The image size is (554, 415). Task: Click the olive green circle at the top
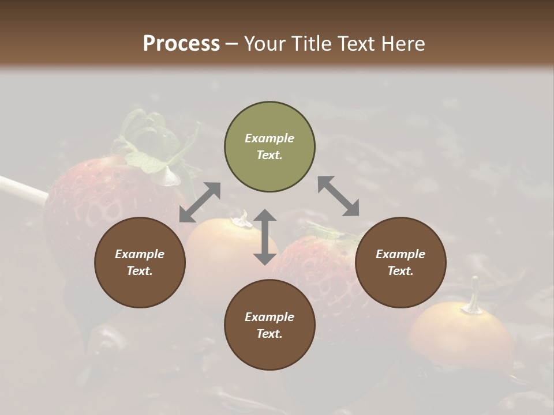(269, 147)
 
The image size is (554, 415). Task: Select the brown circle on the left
(140, 262)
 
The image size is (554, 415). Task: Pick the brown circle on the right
(400, 262)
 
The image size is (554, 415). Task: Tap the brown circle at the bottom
(269, 325)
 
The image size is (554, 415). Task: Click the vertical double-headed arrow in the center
(265, 237)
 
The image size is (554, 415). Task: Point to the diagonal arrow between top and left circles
(200, 202)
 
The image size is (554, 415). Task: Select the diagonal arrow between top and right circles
(339, 196)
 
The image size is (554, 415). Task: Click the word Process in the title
(181, 43)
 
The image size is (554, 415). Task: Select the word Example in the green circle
(269, 138)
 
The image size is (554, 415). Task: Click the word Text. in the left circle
(140, 271)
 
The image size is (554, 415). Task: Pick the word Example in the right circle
(400, 254)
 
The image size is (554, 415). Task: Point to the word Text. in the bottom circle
(269, 334)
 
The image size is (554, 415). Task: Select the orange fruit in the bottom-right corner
(462, 340)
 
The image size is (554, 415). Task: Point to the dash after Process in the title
(231, 43)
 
